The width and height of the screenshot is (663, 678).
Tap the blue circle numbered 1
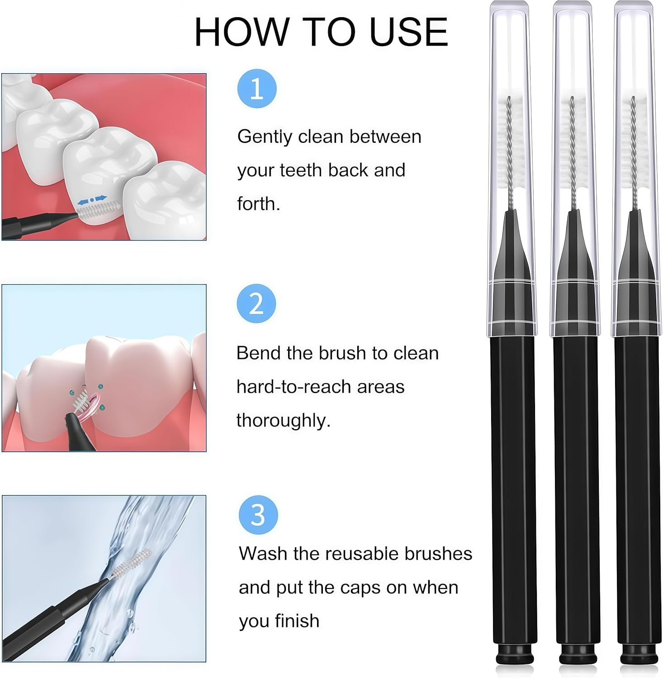(257, 89)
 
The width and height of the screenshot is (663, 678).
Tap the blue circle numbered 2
(256, 303)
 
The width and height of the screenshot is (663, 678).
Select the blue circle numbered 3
(258, 515)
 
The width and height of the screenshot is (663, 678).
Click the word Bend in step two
(257, 353)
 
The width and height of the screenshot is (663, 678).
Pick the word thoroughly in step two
(283, 420)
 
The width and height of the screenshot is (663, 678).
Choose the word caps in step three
(360, 588)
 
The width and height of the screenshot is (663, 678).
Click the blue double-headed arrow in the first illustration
(92, 199)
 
